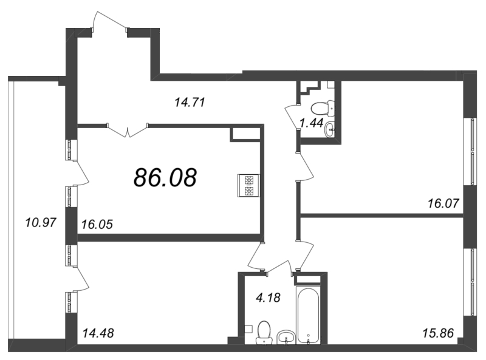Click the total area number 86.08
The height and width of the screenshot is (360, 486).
click(165, 177)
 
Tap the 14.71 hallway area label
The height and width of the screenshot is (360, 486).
click(190, 102)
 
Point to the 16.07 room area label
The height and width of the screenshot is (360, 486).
click(443, 203)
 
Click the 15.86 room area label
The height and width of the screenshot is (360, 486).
click(438, 333)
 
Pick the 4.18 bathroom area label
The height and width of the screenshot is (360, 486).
click(268, 297)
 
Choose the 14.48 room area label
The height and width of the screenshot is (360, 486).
click(98, 333)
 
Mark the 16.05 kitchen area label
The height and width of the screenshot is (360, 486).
click(97, 224)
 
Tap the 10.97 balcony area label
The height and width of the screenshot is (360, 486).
click(41, 222)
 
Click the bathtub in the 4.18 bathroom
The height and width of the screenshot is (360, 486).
click(308, 314)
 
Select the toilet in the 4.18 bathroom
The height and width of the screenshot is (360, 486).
click(264, 332)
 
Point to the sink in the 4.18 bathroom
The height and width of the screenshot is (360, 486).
click(286, 337)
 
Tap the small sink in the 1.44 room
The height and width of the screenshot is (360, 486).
click(329, 129)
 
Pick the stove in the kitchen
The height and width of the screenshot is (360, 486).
click(249, 186)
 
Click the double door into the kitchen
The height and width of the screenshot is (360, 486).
click(128, 131)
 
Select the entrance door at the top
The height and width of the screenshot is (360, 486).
click(109, 21)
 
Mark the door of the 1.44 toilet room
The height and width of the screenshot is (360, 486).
click(292, 118)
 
